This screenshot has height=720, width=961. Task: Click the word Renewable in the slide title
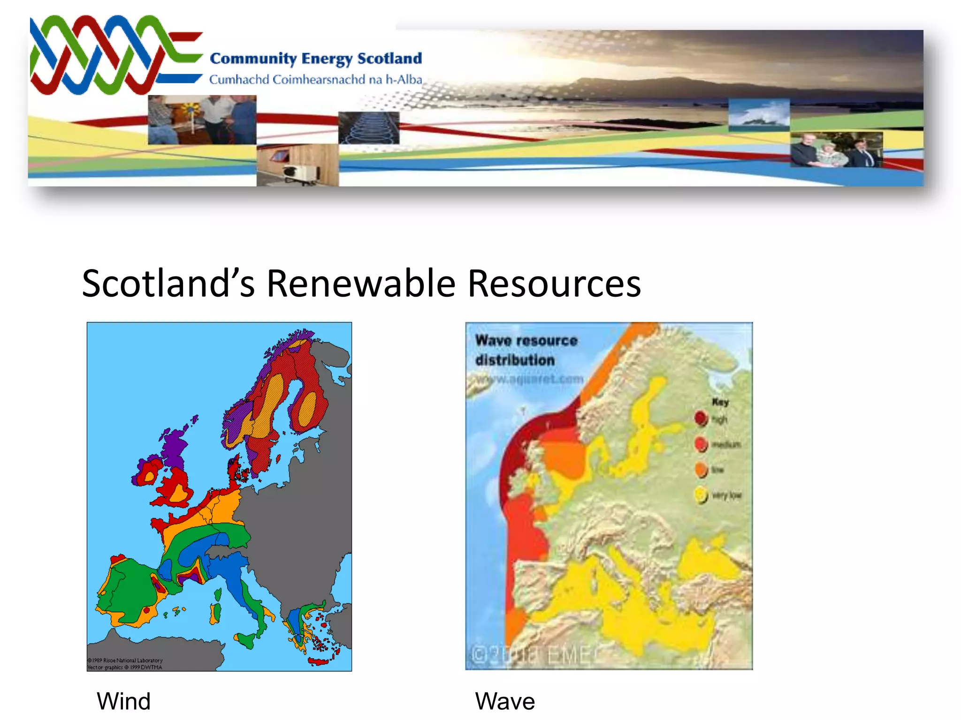tap(361, 284)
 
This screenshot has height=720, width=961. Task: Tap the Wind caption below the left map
tap(123, 701)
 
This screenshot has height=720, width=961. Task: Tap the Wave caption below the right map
tap(505, 701)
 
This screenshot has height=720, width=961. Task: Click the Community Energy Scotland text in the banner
tap(316, 59)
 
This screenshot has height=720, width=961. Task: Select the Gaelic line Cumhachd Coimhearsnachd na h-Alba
tap(316, 80)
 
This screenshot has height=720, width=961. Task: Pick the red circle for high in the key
tap(701, 418)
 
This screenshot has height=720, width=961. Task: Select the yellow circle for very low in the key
tap(701, 495)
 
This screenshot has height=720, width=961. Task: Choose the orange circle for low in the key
tap(701, 469)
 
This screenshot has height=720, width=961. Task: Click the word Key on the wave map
tap(720, 402)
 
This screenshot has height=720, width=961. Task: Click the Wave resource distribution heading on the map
tap(526, 350)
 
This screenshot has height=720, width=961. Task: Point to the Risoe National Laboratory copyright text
tap(125, 660)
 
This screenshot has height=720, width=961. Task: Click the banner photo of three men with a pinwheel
tap(202, 120)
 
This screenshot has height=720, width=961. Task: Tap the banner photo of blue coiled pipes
tap(369, 127)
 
